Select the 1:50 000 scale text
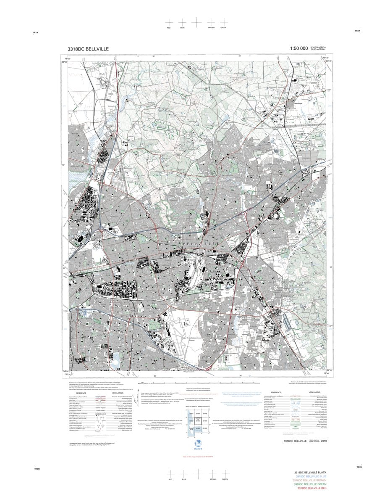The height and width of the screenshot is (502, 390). tap(299, 49)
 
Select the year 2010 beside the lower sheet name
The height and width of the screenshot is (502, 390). tap(323, 441)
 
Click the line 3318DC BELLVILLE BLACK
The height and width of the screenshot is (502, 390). tap(310, 473)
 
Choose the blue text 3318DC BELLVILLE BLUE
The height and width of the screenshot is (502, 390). tap(311, 476)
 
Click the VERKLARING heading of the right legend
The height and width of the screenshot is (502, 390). tap(314, 392)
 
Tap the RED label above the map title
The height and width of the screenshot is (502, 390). tap(169, 27)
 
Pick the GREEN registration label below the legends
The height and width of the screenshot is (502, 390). tap(225, 479)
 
